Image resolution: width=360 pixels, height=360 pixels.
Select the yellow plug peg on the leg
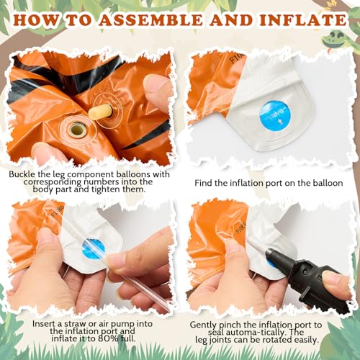pyautogui.click(x=99, y=112)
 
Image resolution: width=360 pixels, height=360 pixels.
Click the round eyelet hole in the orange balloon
pyautogui.click(x=77, y=130)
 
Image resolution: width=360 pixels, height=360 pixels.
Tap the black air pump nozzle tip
pyautogui.click(x=270, y=252)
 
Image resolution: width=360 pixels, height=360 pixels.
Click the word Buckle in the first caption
pyautogui.click(x=22, y=174)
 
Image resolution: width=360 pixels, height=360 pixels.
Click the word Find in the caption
pyautogui.click(x=204, y=183)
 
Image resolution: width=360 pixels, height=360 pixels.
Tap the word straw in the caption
pyautogui.click(x=74, y=324)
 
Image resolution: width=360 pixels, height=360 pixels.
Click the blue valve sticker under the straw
pyautogui.click(x=93, y=249)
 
